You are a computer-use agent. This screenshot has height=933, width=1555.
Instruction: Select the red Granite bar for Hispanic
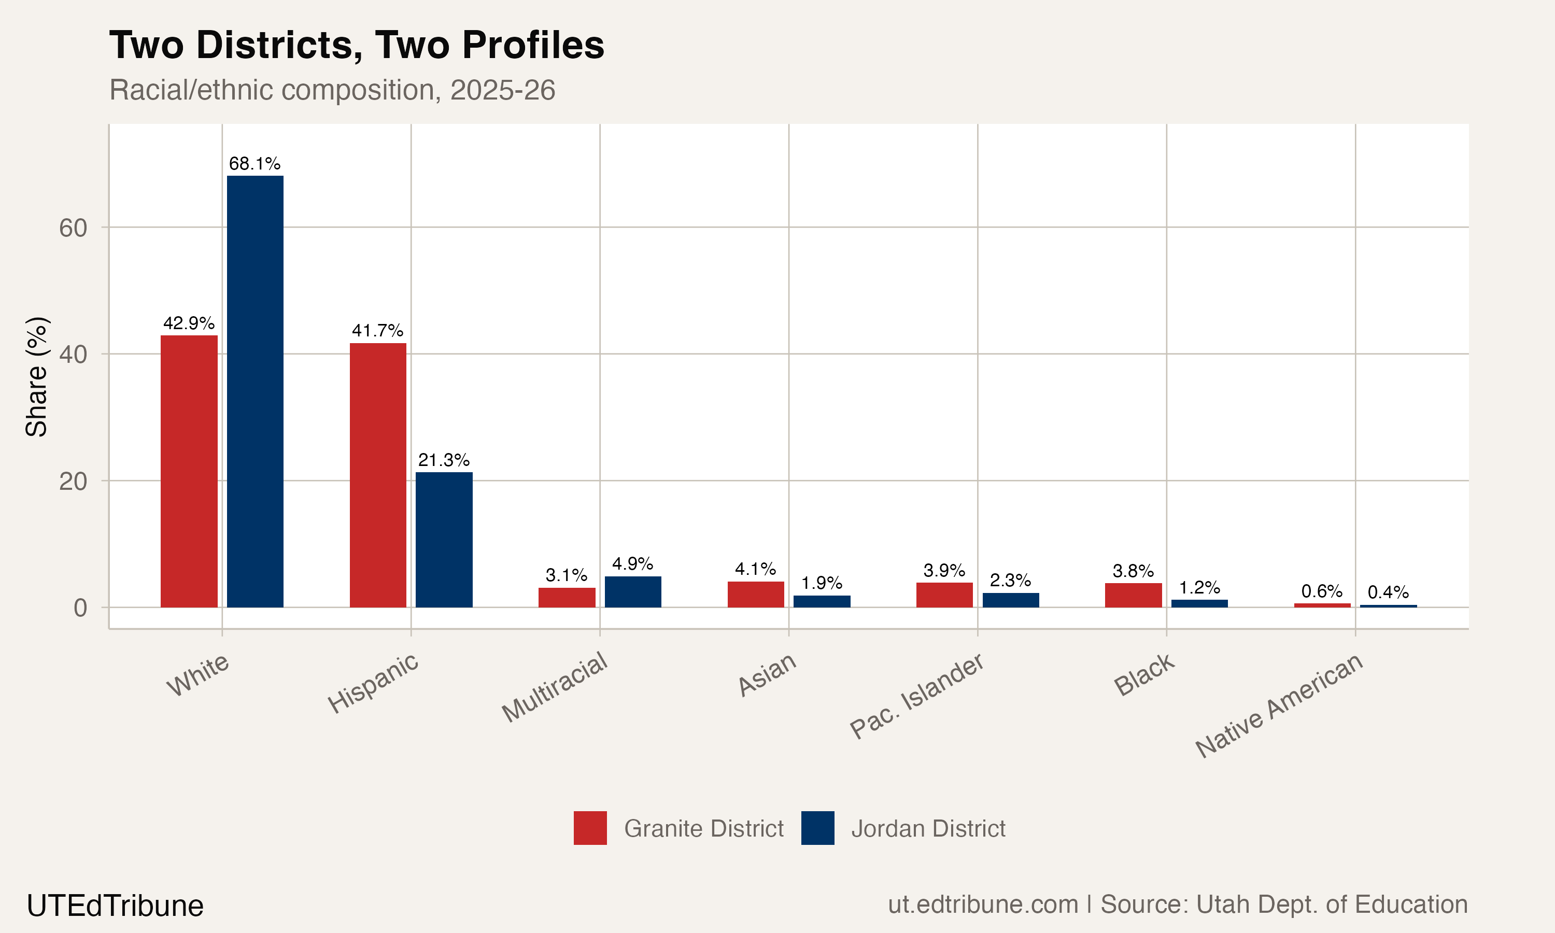click(378, 475)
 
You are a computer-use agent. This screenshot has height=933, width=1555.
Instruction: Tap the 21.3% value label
click(444, 460)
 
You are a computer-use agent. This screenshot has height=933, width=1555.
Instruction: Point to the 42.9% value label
click(189, 323)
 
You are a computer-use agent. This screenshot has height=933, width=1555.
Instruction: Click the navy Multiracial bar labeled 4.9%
click(632, 591)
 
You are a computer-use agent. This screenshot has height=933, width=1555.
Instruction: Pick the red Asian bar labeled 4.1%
click(756, 594)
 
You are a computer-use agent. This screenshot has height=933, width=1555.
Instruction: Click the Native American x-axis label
click(1279, 705)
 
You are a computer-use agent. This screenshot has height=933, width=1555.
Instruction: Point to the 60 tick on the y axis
click(73, 228)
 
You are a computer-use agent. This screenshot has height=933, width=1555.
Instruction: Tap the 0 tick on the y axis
click(80, 608)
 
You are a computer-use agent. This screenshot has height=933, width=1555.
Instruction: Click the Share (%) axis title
click(36, 377)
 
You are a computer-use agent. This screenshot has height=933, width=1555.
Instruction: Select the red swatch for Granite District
click(589, 828)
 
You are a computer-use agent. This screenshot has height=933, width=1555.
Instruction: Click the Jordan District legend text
click(928, 829)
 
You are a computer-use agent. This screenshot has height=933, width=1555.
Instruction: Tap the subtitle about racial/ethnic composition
click(332, 90)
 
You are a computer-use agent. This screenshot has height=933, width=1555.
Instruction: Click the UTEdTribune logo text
click(115, 906)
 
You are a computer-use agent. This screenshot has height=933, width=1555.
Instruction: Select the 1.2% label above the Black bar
click(1199, 588)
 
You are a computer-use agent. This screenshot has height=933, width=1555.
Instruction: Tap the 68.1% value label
click(255, 163)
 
